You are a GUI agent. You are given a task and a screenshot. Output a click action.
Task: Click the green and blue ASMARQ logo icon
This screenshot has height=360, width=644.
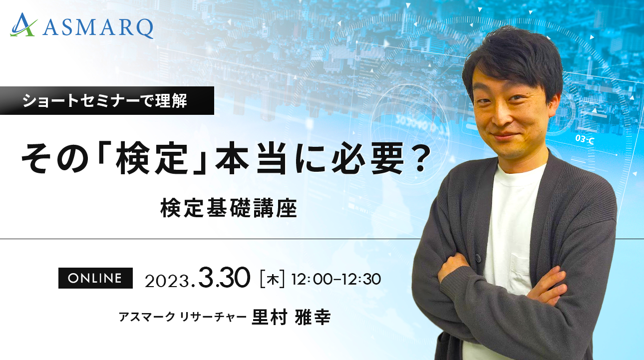click(23, 25)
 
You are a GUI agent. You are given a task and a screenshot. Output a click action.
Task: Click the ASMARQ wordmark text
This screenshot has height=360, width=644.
click(98, 28)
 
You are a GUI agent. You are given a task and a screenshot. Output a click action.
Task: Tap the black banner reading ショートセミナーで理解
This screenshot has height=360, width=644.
click(107, 101)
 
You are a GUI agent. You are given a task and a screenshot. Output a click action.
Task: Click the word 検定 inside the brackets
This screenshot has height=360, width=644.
click(150, 160)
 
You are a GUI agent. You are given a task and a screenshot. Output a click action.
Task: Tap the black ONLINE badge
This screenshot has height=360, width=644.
click(95, 278)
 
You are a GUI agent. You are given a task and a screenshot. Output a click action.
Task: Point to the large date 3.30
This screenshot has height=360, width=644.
click(224, 278)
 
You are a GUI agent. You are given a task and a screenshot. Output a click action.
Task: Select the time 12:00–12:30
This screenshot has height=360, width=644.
click(336, 280)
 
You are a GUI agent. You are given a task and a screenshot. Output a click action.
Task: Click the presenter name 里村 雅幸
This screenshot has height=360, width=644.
click(291, 317)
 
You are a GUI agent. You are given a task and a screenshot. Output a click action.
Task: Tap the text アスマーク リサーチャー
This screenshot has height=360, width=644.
click(183, 317)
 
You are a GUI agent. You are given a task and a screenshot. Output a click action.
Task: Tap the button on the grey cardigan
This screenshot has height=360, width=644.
click(478, 258)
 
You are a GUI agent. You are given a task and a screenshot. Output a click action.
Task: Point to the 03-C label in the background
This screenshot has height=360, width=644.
click(585, 139)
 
